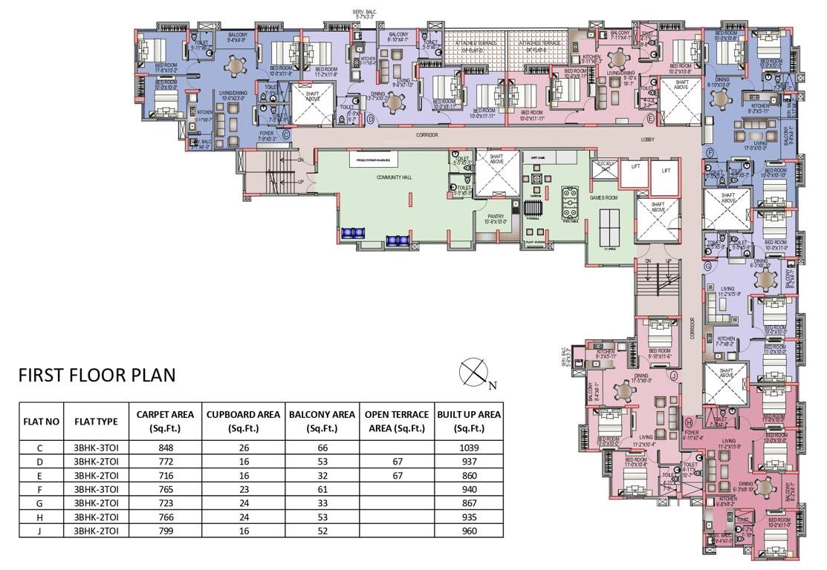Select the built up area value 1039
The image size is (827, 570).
click(469, 448)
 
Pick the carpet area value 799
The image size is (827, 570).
click(171, 531)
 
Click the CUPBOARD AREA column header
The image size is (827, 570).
click(243, 421)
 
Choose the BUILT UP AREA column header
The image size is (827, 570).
click(469, 421)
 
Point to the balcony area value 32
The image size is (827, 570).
click(322, 475)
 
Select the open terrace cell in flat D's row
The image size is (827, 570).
click(395, 462)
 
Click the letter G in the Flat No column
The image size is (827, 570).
click(41, 503)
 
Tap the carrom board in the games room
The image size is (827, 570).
click(536, 180)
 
